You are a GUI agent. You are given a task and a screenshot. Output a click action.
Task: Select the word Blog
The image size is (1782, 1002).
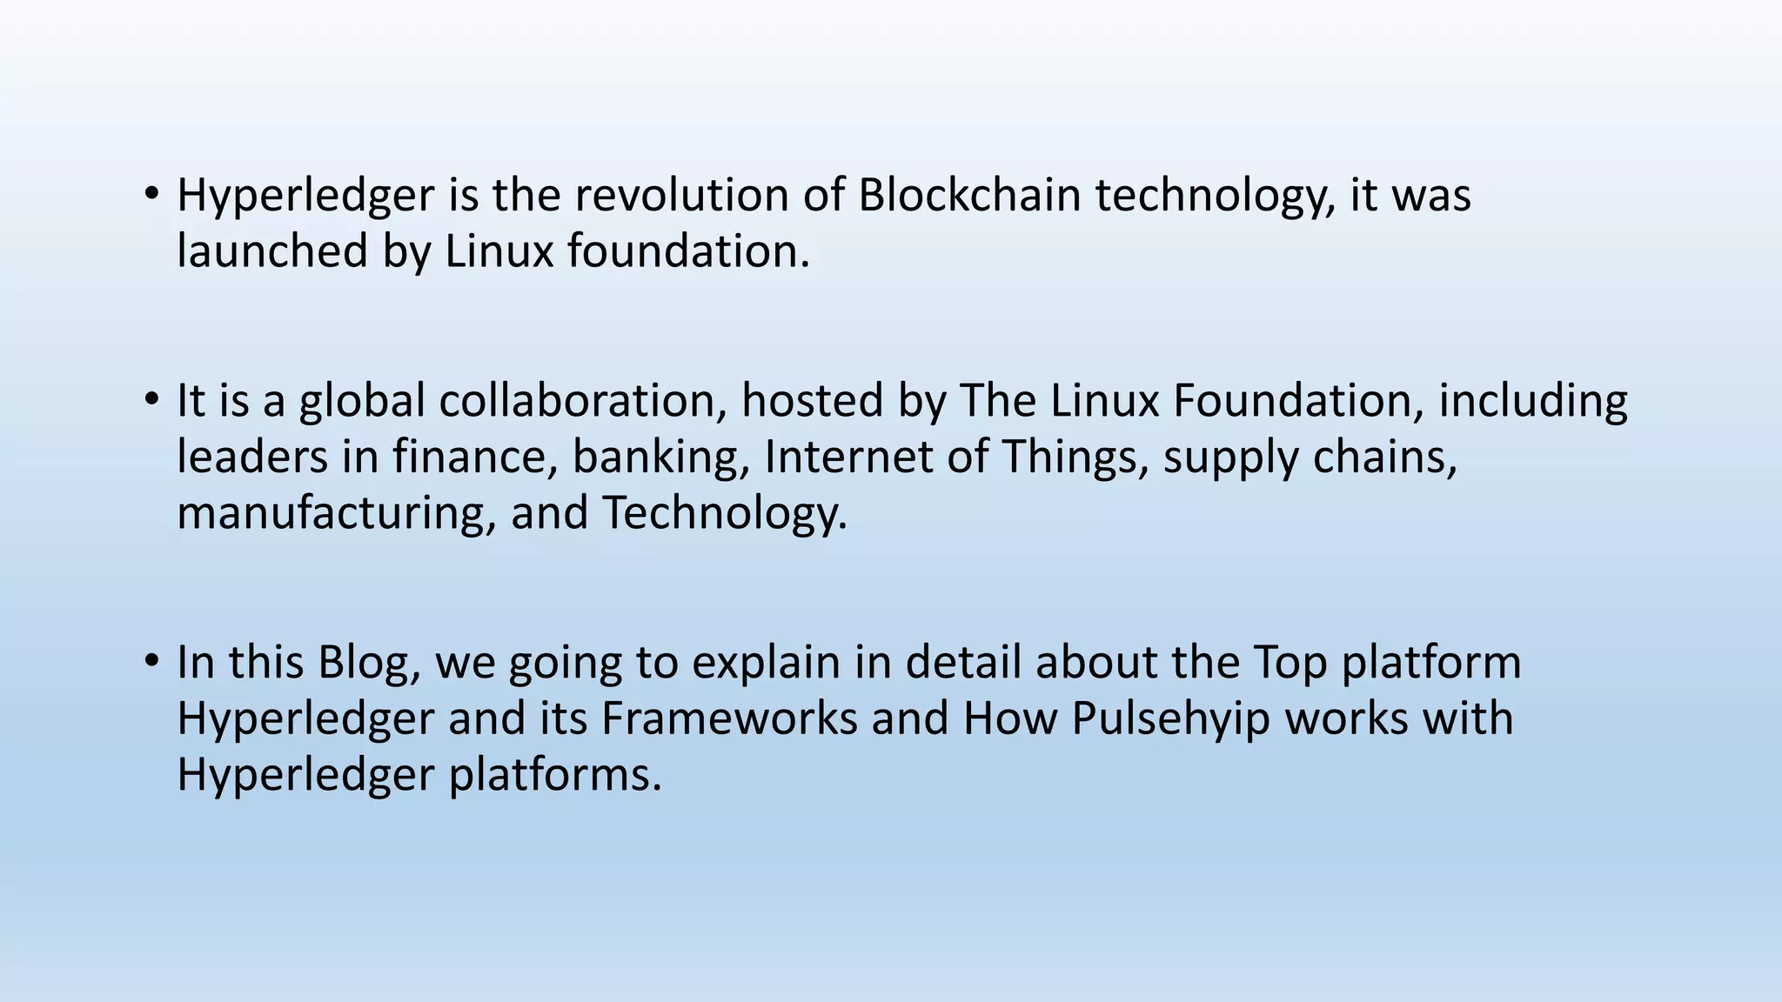click(369, 663)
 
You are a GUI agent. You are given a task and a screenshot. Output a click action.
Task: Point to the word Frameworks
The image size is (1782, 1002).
click(729, 718)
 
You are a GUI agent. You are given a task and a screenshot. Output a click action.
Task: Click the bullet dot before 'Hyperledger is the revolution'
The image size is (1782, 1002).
click(151, 192)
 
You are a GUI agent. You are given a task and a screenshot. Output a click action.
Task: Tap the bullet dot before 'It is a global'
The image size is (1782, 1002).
click(151, 399)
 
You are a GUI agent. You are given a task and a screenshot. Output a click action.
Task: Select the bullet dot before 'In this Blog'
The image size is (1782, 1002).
click(151, 661)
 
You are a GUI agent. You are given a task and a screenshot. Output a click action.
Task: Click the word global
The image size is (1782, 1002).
click(362, 402)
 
